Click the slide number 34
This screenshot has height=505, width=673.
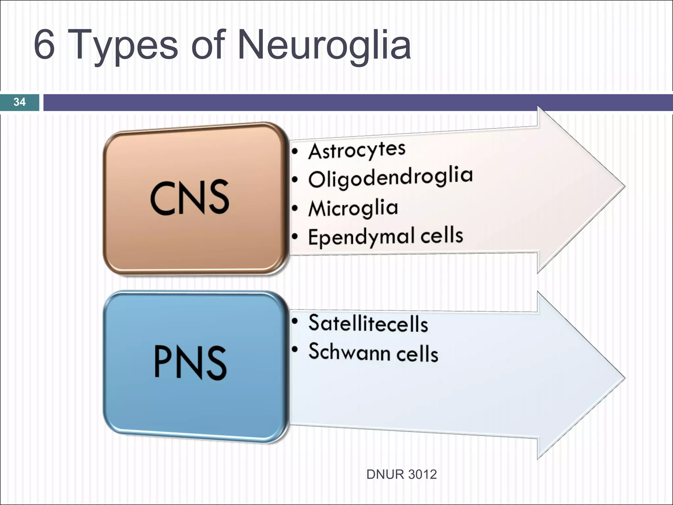19,102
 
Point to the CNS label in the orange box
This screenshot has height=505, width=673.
190,198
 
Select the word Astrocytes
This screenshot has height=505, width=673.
357,151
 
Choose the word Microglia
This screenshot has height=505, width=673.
353,208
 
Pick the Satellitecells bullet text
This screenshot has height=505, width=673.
368,323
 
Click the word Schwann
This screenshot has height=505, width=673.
349,351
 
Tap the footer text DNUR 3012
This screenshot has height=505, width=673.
401,474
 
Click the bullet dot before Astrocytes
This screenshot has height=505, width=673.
295,152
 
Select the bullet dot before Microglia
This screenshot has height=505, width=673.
295,208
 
